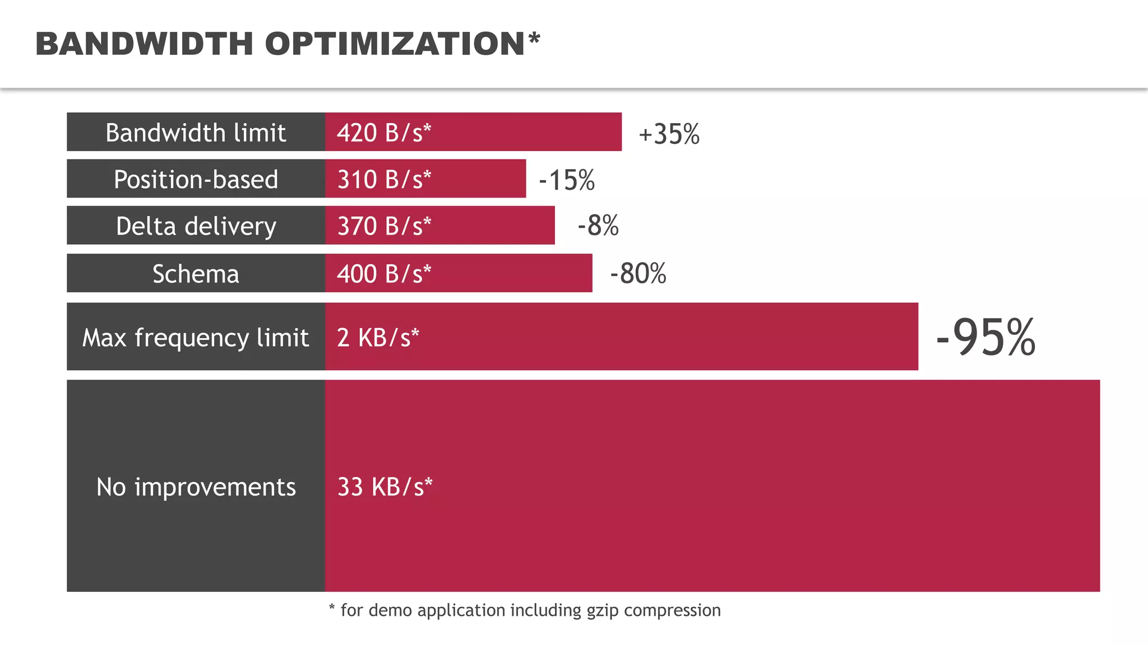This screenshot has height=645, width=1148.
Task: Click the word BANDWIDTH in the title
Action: point(144,44)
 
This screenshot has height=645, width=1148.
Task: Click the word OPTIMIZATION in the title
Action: point(395,44)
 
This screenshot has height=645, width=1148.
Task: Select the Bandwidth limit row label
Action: point(196,133)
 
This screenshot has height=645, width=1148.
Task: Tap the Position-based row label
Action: point(196,179)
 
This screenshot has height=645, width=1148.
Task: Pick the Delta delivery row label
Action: point(196,226)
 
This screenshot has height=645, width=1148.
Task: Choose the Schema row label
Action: point(196,274)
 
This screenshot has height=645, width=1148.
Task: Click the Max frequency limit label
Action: point(196,338)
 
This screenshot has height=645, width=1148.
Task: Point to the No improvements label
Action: point(196,487)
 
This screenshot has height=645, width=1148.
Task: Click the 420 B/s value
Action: point(384,133)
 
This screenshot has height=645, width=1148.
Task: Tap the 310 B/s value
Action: point(384,179)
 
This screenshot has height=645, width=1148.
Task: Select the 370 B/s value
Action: point(384,226)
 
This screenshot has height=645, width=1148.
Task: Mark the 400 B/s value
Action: point(384,274)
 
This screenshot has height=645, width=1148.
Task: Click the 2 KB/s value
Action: point(378,338)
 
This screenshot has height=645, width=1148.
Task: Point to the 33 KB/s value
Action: point(385,487)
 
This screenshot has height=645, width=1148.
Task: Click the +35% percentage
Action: point(669,134)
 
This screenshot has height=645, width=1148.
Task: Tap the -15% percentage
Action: point(566,180)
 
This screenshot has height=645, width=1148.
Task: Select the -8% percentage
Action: point(598,226)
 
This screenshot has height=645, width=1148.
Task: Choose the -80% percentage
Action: point(638,274)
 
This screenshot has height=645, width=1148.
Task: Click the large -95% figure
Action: point(985,338)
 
